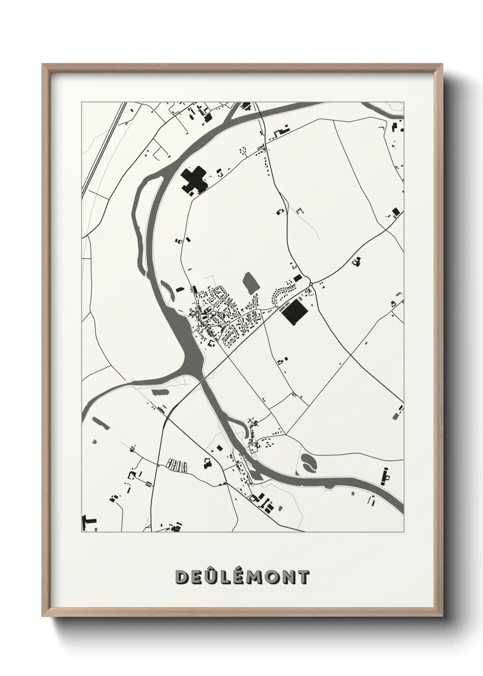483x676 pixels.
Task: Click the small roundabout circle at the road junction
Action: [311, 284]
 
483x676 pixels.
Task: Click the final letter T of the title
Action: [303, 577]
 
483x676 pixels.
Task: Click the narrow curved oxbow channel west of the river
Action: [137, 215]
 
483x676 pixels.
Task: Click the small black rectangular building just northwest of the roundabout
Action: [298, 278]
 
